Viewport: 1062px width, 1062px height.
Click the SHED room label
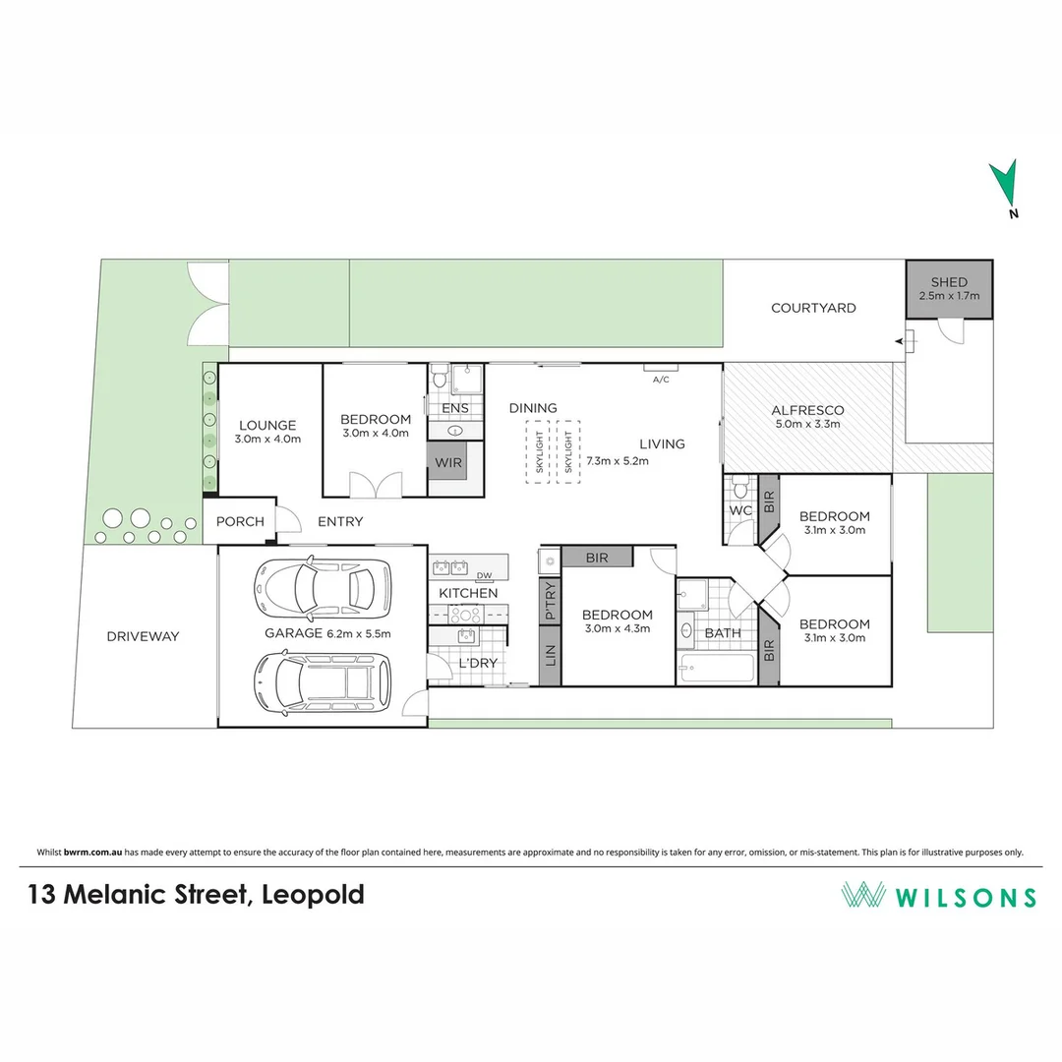(949, 282)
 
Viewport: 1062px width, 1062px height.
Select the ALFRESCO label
(807, 410)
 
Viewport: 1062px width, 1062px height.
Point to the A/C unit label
(661, 379)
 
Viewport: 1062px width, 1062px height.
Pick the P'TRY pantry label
(549, 602)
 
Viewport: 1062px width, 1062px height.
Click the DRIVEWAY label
(144, 636)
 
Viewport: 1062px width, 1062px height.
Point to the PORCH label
(240, 521)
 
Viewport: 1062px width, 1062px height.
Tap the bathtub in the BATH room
(716, 669)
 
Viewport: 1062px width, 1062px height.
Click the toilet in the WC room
(740, 486)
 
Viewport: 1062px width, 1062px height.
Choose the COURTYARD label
(813, 308)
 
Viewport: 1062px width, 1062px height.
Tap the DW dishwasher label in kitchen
(483, 576)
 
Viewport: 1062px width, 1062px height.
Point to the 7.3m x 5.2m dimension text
(617, 461)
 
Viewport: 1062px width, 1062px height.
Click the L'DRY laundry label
(478, 663)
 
